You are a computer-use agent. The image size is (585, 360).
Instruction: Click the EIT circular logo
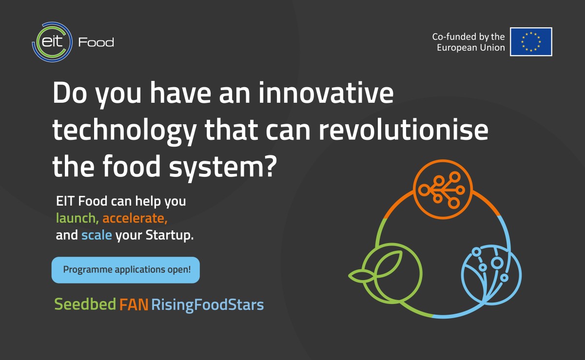coord(52,42)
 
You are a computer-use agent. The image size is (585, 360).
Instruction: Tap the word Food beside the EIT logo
coord(96,42)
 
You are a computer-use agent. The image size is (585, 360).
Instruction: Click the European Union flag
coord(531,42)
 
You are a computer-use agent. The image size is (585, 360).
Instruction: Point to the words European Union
coord(471,48)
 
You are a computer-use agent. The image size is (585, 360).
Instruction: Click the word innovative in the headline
coord(326,93)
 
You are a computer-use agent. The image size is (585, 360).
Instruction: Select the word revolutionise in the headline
coord(404,130)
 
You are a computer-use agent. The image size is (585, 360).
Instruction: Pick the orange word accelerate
coord(135,218)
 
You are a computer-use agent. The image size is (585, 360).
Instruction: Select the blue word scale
coord(97,235)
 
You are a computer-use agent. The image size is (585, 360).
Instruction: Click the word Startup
coord(170,235)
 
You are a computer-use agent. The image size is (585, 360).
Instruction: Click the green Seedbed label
coord(85,304)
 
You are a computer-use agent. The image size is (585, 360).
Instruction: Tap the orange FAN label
coord(134,304)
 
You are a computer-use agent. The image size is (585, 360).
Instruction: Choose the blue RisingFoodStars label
coord(208,305)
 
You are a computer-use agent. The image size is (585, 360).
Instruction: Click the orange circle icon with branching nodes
coord(443,189)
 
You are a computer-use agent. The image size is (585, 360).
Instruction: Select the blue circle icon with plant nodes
coord(491,275)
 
